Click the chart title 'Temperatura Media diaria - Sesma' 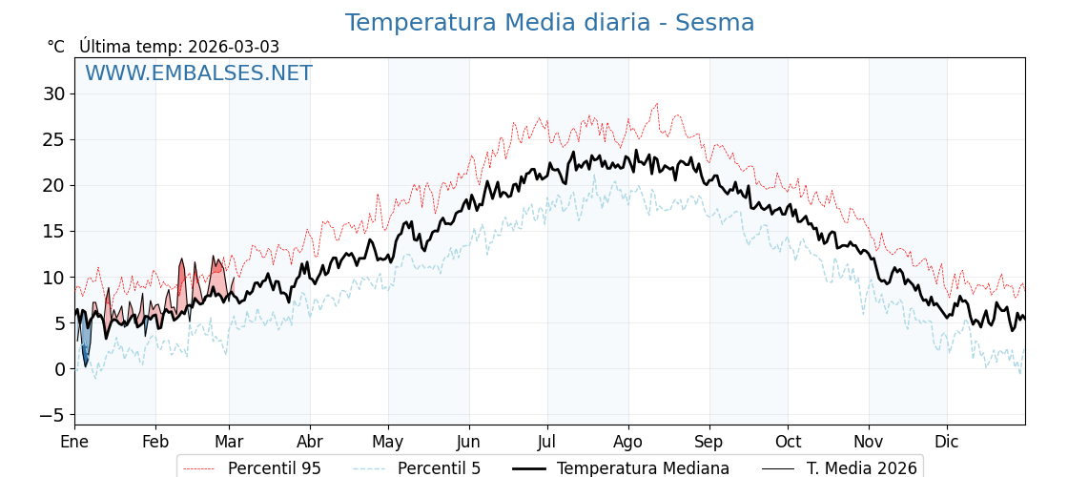pos(549,23)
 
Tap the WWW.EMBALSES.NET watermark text pos(198,73)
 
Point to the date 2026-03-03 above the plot pos(234,47)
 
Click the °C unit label pos(56,47)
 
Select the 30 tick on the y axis pos(53,93)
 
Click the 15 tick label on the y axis pos(53,232)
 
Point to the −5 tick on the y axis pos(51,415)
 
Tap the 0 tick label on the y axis pos(59,369)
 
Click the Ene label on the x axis pos(74,442)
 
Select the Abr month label pos(310,442)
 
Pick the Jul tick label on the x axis pos(547,442)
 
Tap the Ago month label pos(628,442)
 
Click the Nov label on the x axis pos(869,442)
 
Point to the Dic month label pos(947,442)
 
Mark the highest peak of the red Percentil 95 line pos(656,104)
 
